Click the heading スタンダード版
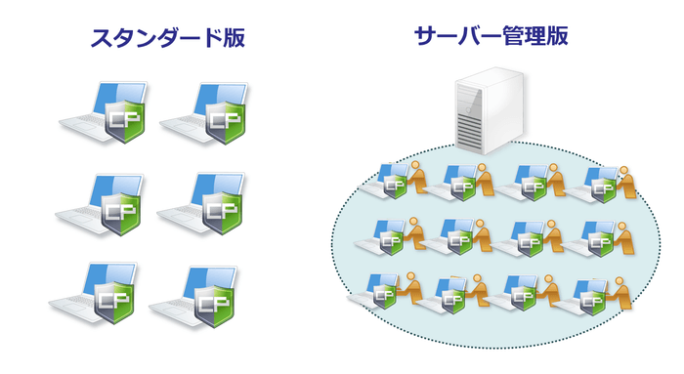(x=167, y=38)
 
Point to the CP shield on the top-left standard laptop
(x=123, y=123)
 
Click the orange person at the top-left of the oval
(x=419, y=179)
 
